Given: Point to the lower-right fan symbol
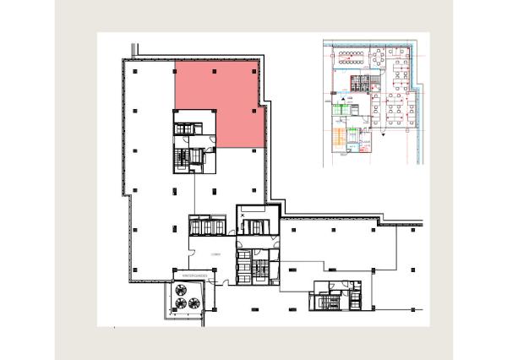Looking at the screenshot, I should coord(194,302).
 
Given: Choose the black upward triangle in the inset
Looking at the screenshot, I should coord(339,101).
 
